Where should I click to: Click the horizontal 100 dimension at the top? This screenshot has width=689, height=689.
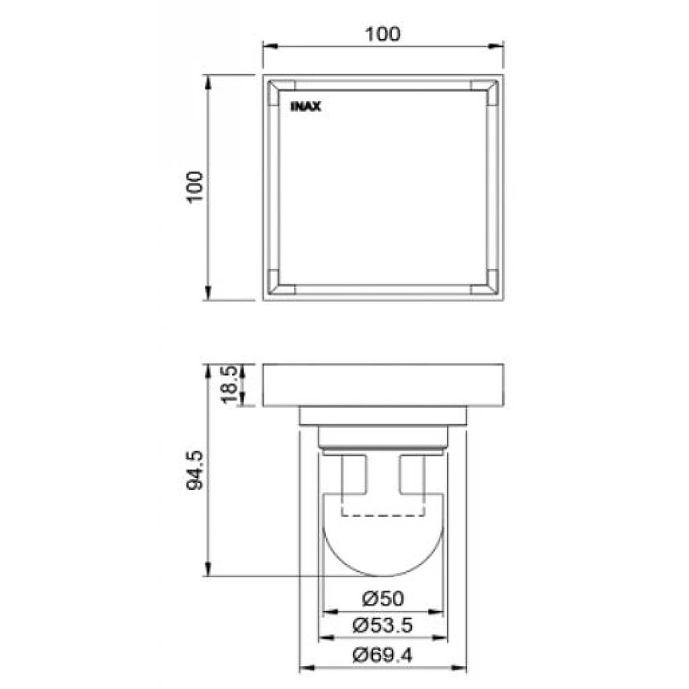tap(383, 34)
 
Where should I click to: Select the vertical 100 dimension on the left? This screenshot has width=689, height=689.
tap(197, 186)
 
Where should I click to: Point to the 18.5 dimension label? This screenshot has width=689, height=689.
tap(227, 384)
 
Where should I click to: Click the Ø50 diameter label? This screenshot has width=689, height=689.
tap(383, 598)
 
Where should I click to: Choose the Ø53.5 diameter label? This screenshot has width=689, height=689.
tap(383, 625)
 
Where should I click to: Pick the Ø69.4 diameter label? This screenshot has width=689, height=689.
tap(383, 655)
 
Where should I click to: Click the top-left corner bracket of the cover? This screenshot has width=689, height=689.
tap(280, 91)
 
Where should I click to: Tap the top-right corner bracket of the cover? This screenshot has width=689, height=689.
tap(485, 91)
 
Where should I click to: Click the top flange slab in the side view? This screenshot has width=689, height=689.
tap(383, 385)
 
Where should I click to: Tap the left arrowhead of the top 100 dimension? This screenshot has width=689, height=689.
tap(269, 47)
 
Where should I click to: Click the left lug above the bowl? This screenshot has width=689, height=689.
tap(354, 475)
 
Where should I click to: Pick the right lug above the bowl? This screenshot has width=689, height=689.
tap(412, 475)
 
